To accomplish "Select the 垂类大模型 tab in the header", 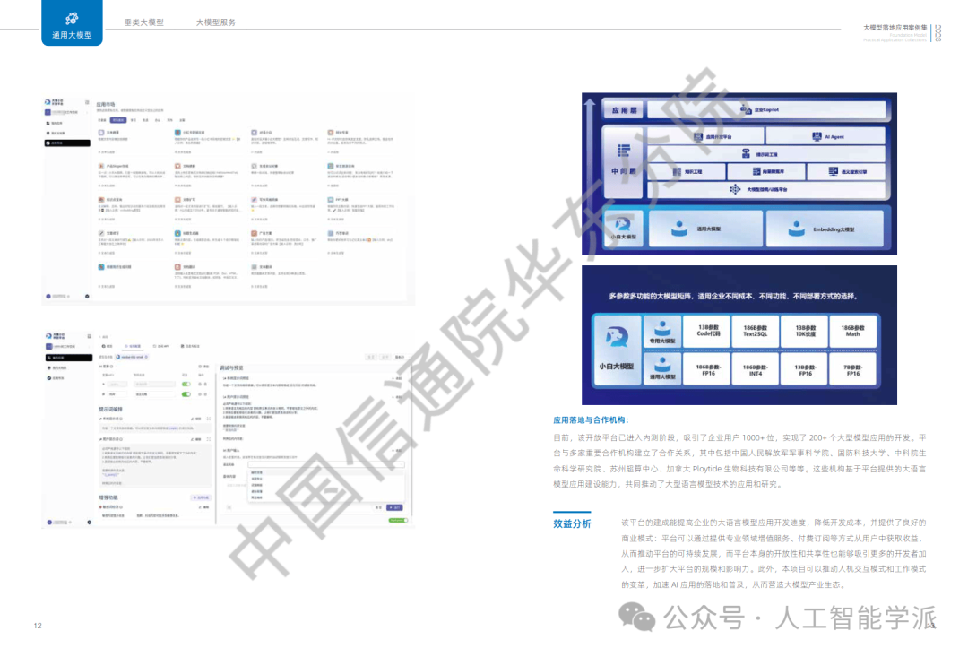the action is click(x=144, y=22).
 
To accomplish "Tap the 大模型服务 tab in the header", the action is click(x=216, y=22).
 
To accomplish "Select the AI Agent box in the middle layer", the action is click(x=834, y=137).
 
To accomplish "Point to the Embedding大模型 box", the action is click(x=834, y=229).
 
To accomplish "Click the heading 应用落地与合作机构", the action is click(x=592, y=419).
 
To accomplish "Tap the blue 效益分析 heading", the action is click(x=572, y=524).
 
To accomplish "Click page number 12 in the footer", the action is click(x=38, y=625).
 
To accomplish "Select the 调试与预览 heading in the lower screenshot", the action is click(x=232, y=367).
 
